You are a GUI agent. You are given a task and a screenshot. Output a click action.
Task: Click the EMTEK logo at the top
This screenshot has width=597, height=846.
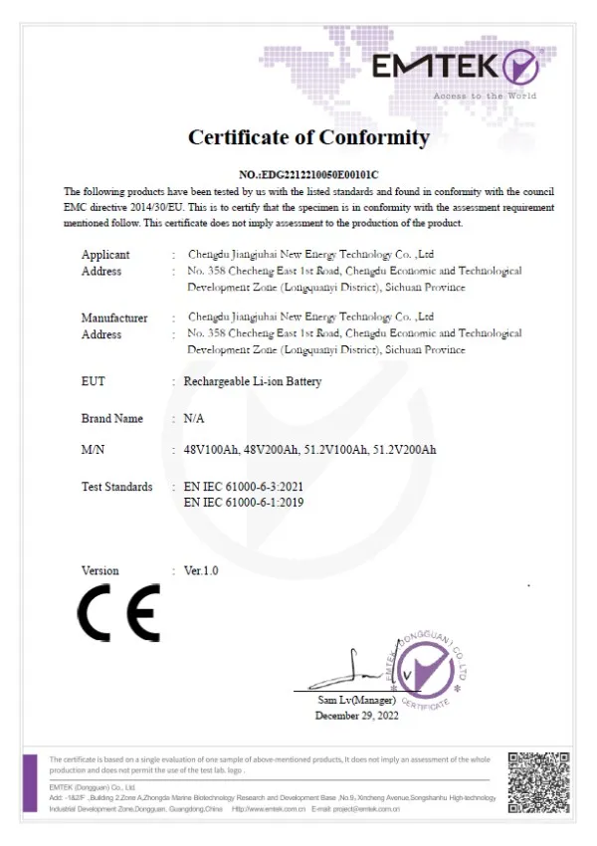point(455,67)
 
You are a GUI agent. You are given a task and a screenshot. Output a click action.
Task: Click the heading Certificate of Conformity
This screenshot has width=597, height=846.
point(308,137)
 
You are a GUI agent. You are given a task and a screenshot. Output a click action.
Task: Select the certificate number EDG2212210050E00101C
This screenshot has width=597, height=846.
point(309,174)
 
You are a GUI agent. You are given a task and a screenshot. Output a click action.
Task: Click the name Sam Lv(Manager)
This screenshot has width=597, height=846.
point(356,702)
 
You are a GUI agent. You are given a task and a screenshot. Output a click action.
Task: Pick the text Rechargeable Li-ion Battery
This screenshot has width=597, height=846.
point(253,381)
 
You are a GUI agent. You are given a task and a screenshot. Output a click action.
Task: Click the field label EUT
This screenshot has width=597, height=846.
point(93,381)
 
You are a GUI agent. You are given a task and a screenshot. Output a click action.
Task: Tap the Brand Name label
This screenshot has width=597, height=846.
point(111,419)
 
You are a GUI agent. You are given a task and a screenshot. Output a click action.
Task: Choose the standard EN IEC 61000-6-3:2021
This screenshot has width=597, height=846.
point(244,487)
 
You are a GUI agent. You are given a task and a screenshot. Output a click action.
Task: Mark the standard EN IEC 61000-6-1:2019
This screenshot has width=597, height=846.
point(244,503)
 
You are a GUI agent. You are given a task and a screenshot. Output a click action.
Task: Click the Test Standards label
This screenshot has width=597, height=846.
point(116,487)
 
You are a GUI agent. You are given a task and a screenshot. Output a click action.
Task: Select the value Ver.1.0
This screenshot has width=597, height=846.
point(201,571)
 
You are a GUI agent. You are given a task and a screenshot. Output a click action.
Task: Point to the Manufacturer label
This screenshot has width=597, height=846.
point(114,318)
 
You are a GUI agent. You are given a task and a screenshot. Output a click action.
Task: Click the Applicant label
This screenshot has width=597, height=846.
point(105,255)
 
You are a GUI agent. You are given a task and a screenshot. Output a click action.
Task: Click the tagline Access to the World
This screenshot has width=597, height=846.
point(485,96)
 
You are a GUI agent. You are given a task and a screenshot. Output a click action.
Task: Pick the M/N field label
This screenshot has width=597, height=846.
point(94,450)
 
